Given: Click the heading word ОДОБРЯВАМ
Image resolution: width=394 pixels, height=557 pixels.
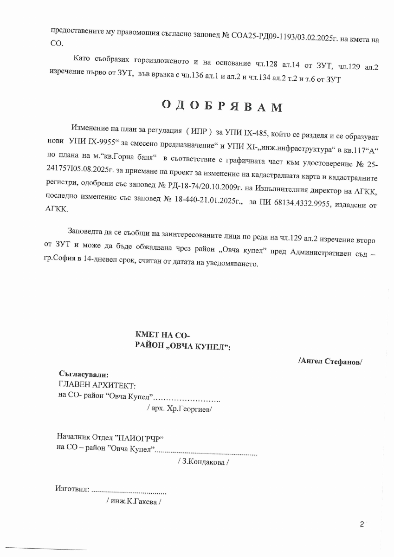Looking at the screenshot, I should pos(222,106).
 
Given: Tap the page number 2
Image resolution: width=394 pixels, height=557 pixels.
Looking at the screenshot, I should pos(362,525).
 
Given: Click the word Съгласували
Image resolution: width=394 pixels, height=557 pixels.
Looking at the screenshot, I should pos(84,374).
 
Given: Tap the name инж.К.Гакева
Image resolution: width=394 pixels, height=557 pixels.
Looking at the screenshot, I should pos(134,501).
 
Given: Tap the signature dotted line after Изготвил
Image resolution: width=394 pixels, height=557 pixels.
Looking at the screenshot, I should pos(129,491).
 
